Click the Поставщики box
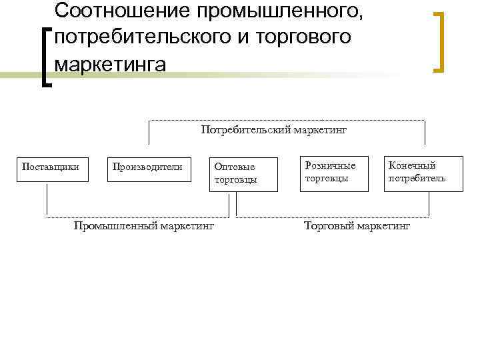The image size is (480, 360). coord(51,170)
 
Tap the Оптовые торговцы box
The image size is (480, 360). coord(243,174)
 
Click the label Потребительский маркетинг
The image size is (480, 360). coord(274,129)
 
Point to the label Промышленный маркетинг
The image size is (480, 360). coord(144,226)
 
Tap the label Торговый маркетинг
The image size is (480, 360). coord(357,226)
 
